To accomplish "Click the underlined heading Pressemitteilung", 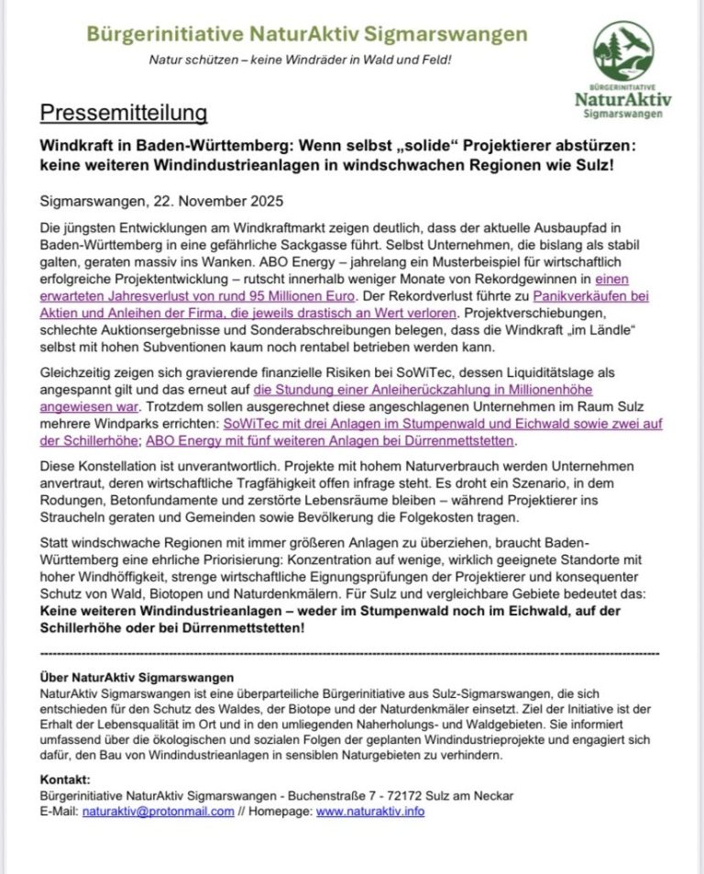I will tap(123, 114).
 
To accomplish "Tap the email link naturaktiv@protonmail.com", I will tap(158, 812).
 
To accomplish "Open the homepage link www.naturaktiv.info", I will tap(370, 812).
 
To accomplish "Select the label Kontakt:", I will tap(65, 779).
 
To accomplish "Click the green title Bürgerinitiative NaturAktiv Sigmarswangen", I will tap(307, 34).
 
